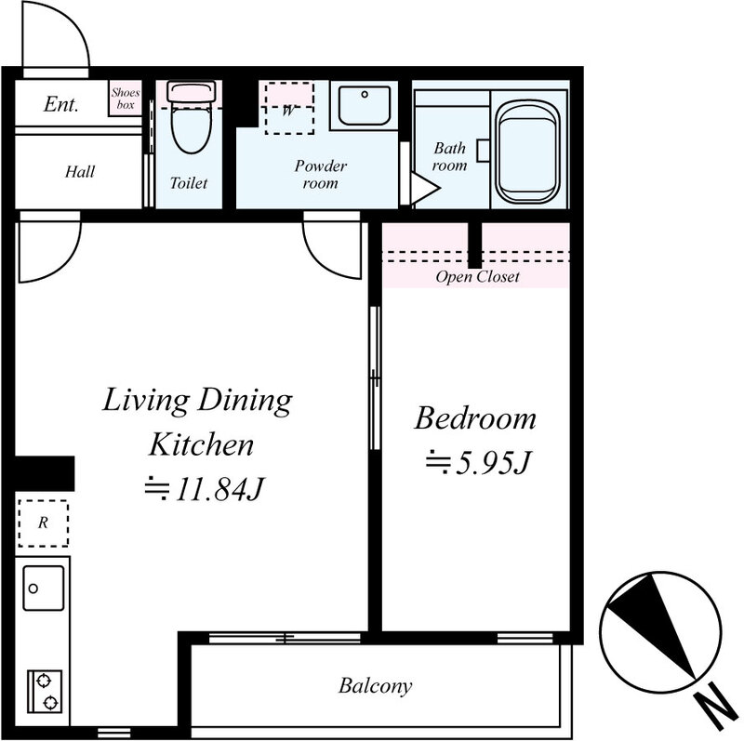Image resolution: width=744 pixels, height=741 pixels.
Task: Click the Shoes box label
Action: click(x=126, y=99)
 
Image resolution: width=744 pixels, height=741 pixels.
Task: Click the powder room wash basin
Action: click(x=364, y=105)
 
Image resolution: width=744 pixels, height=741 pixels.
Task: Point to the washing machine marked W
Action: click(x=289, y=108)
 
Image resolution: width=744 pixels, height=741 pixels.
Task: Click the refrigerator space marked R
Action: click(x=43, y=523)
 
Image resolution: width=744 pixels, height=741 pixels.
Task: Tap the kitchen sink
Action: click(x=43, y=588)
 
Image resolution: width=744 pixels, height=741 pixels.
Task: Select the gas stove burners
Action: click(x=45, y=691)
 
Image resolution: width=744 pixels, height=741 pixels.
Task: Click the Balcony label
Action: click(x=375, y=686)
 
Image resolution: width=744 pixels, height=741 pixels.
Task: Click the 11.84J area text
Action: click(x=204, y=489)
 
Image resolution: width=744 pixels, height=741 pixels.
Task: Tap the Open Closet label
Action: click(x=477, y=277)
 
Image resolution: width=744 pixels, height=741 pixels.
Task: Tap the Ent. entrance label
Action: click(x=60, y=104)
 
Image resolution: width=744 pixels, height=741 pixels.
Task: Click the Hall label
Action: click(x=80, y=171)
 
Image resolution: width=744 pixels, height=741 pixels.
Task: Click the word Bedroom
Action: click(x=475, y=418)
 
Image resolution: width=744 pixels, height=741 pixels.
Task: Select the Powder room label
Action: click(x=320, y=174)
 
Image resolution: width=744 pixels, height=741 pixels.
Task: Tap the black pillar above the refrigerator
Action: click(x=45, y=473)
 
